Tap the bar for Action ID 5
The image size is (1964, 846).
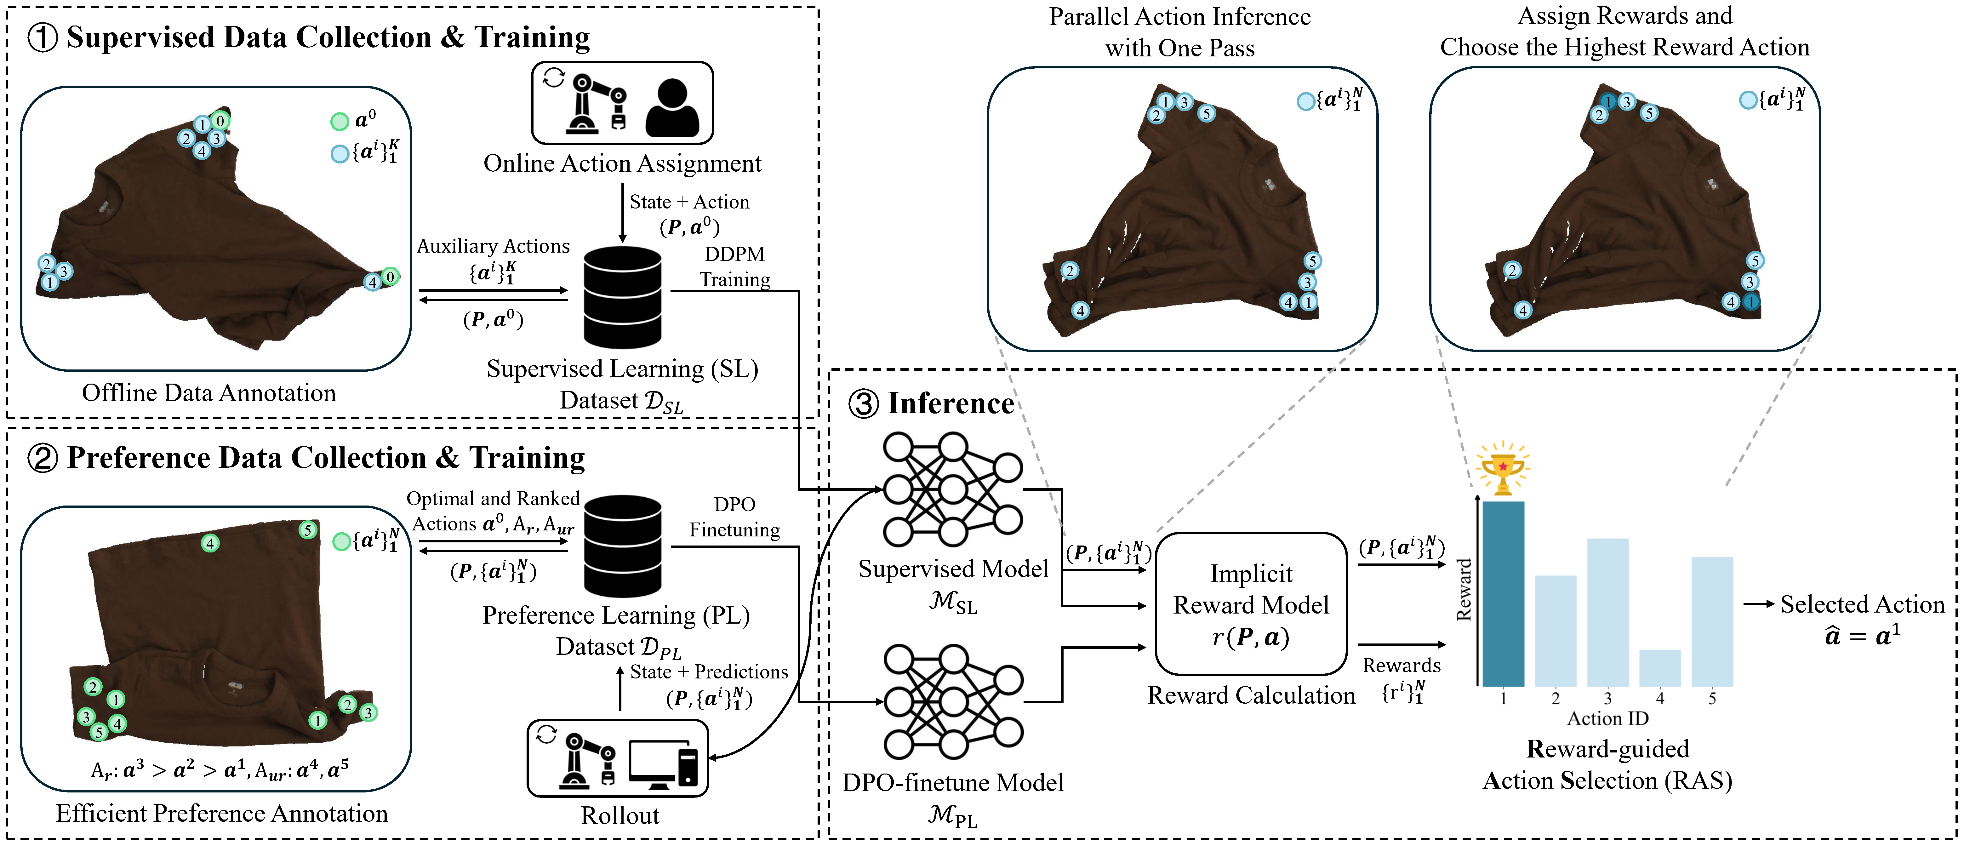coord(1712,621)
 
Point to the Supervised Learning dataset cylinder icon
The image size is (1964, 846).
coord(622,297)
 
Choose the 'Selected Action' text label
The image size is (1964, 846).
coord(1862,604)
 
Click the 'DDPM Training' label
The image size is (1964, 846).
coord(734,267)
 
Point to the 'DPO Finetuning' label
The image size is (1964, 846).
coord(734,517)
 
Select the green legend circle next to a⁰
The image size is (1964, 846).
coord(339,121)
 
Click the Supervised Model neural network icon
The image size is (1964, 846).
coord(952,489)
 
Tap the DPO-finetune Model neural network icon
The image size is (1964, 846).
coord(952,701)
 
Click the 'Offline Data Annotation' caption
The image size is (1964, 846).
coord(209,392)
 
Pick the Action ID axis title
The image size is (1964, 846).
coord(1607,718)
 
